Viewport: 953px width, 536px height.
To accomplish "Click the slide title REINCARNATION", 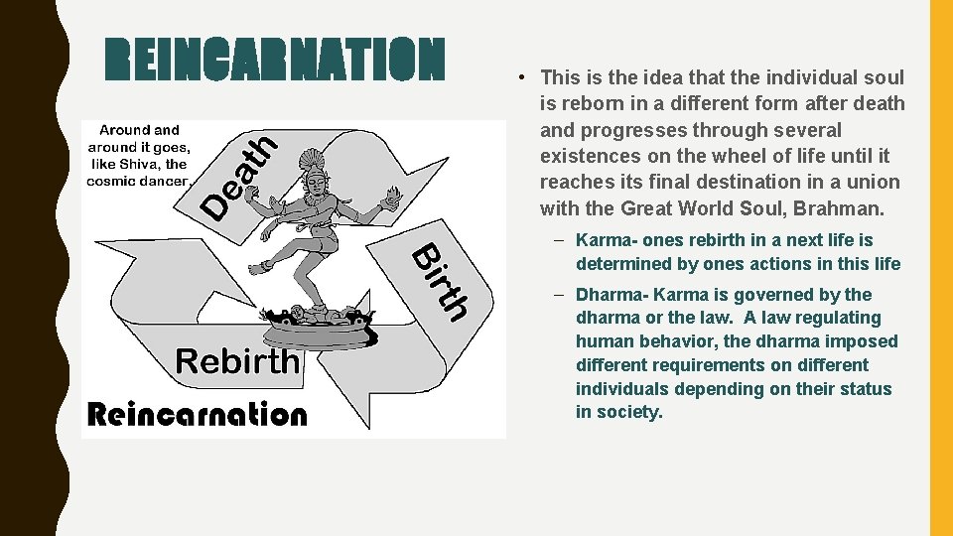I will tap(275, 59).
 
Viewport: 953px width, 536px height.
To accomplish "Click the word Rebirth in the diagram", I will tap(236, 360).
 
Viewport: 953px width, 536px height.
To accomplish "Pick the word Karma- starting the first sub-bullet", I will tap(607, 240).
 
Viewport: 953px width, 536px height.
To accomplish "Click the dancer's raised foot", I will tap(260, 267).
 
